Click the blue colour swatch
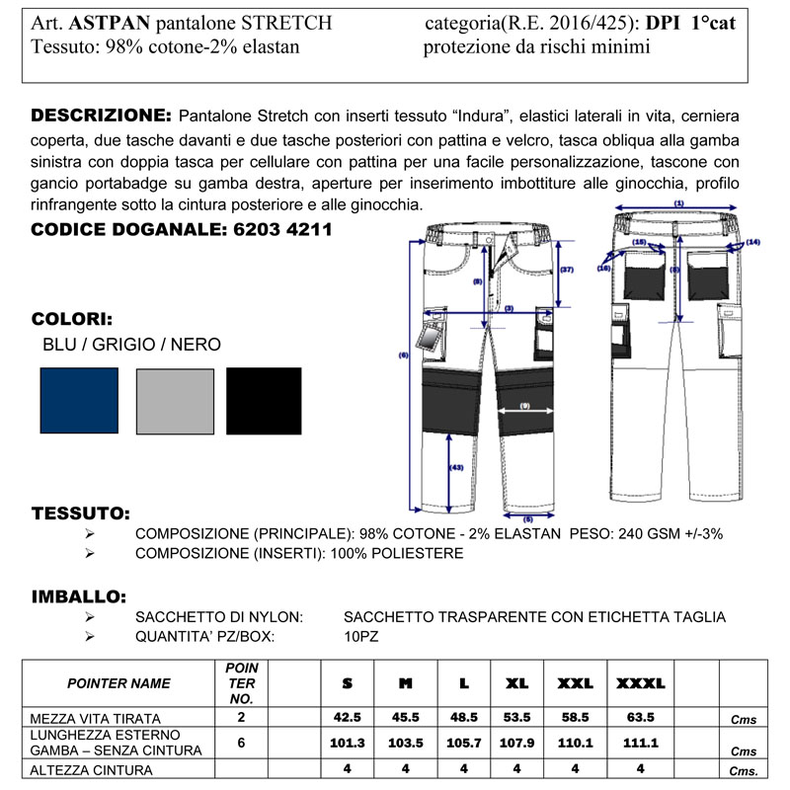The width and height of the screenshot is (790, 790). coord(79,400)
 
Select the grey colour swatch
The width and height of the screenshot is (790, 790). coord(175,400)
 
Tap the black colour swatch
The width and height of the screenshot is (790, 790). coord(264,400)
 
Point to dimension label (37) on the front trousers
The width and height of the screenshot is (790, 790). coord(567,269)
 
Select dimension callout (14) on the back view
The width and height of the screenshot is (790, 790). coord(753,242)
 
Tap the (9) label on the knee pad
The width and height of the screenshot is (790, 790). coord(523,406)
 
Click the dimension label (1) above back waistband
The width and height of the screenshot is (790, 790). coord(678,202)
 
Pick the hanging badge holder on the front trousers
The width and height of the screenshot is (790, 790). coord(431,336)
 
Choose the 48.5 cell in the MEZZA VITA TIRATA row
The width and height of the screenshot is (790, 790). coord(463,717)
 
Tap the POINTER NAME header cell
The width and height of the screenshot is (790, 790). coord(118,682)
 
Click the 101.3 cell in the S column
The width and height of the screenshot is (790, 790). coord(348,742)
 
